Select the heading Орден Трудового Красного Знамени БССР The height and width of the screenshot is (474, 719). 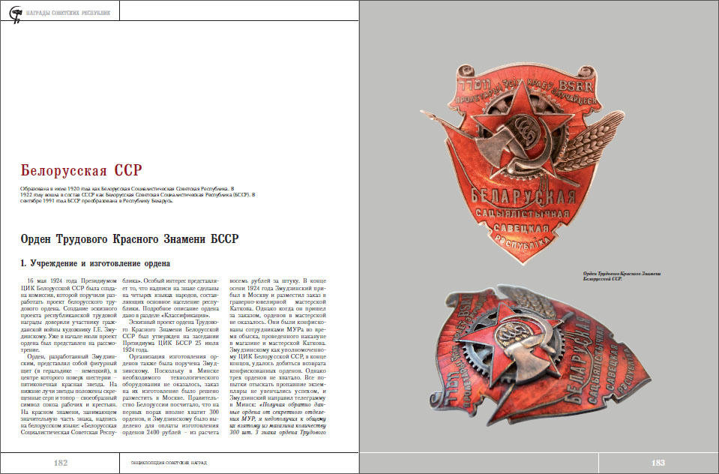129,239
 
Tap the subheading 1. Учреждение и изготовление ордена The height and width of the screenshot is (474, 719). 94,263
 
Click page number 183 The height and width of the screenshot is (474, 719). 658,463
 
